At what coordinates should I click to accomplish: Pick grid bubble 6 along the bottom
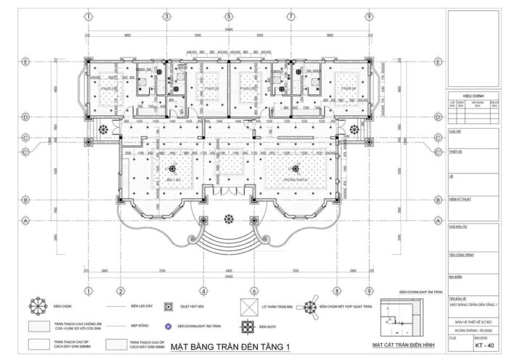tap(330, 291)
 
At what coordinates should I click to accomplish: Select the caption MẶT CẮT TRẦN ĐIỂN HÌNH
tap(400, 347)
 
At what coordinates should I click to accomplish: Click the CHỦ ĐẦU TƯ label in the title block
tap(456, 227)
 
